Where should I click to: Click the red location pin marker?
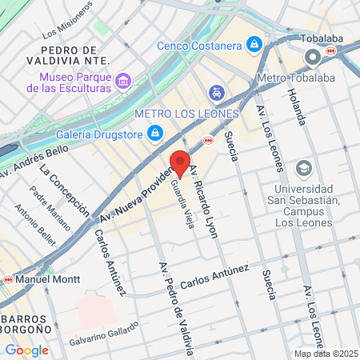point(180,162)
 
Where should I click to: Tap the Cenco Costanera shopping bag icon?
point(254,43)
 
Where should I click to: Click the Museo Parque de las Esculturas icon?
point(122,80)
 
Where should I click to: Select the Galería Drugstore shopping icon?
point(157,132)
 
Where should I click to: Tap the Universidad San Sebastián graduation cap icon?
point(303,169)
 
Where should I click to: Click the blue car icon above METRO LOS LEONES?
point(214,93)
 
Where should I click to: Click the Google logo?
point(26,350)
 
